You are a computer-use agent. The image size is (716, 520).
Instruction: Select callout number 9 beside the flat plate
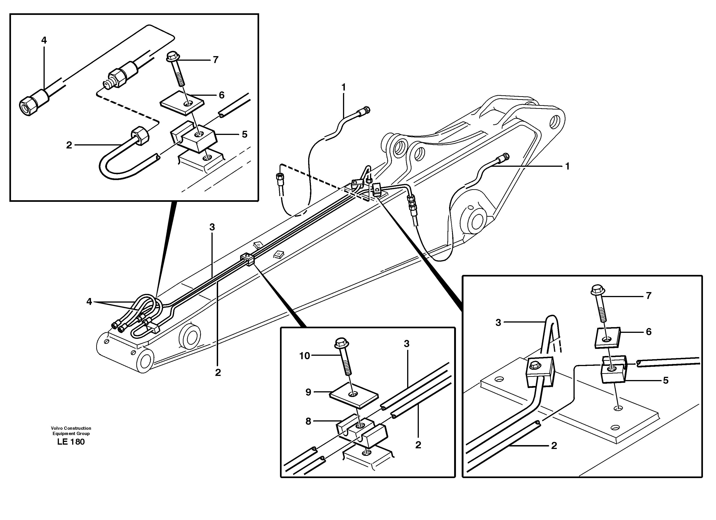(x=308, y=392)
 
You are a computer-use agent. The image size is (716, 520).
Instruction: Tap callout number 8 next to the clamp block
(x=308, y=421)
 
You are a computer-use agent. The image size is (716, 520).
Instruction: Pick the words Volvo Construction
(x=71, y=428)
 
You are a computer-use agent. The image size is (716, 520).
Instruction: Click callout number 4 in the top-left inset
(x=44, y=40)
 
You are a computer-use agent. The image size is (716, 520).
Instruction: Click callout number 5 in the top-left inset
(x=244, y=134)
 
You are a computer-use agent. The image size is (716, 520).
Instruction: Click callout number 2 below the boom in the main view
(x=218, y=372)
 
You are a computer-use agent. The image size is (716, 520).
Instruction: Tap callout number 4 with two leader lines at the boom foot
(x=89, y=302)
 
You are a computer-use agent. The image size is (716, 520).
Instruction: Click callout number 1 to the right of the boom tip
(x=567, y=166)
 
